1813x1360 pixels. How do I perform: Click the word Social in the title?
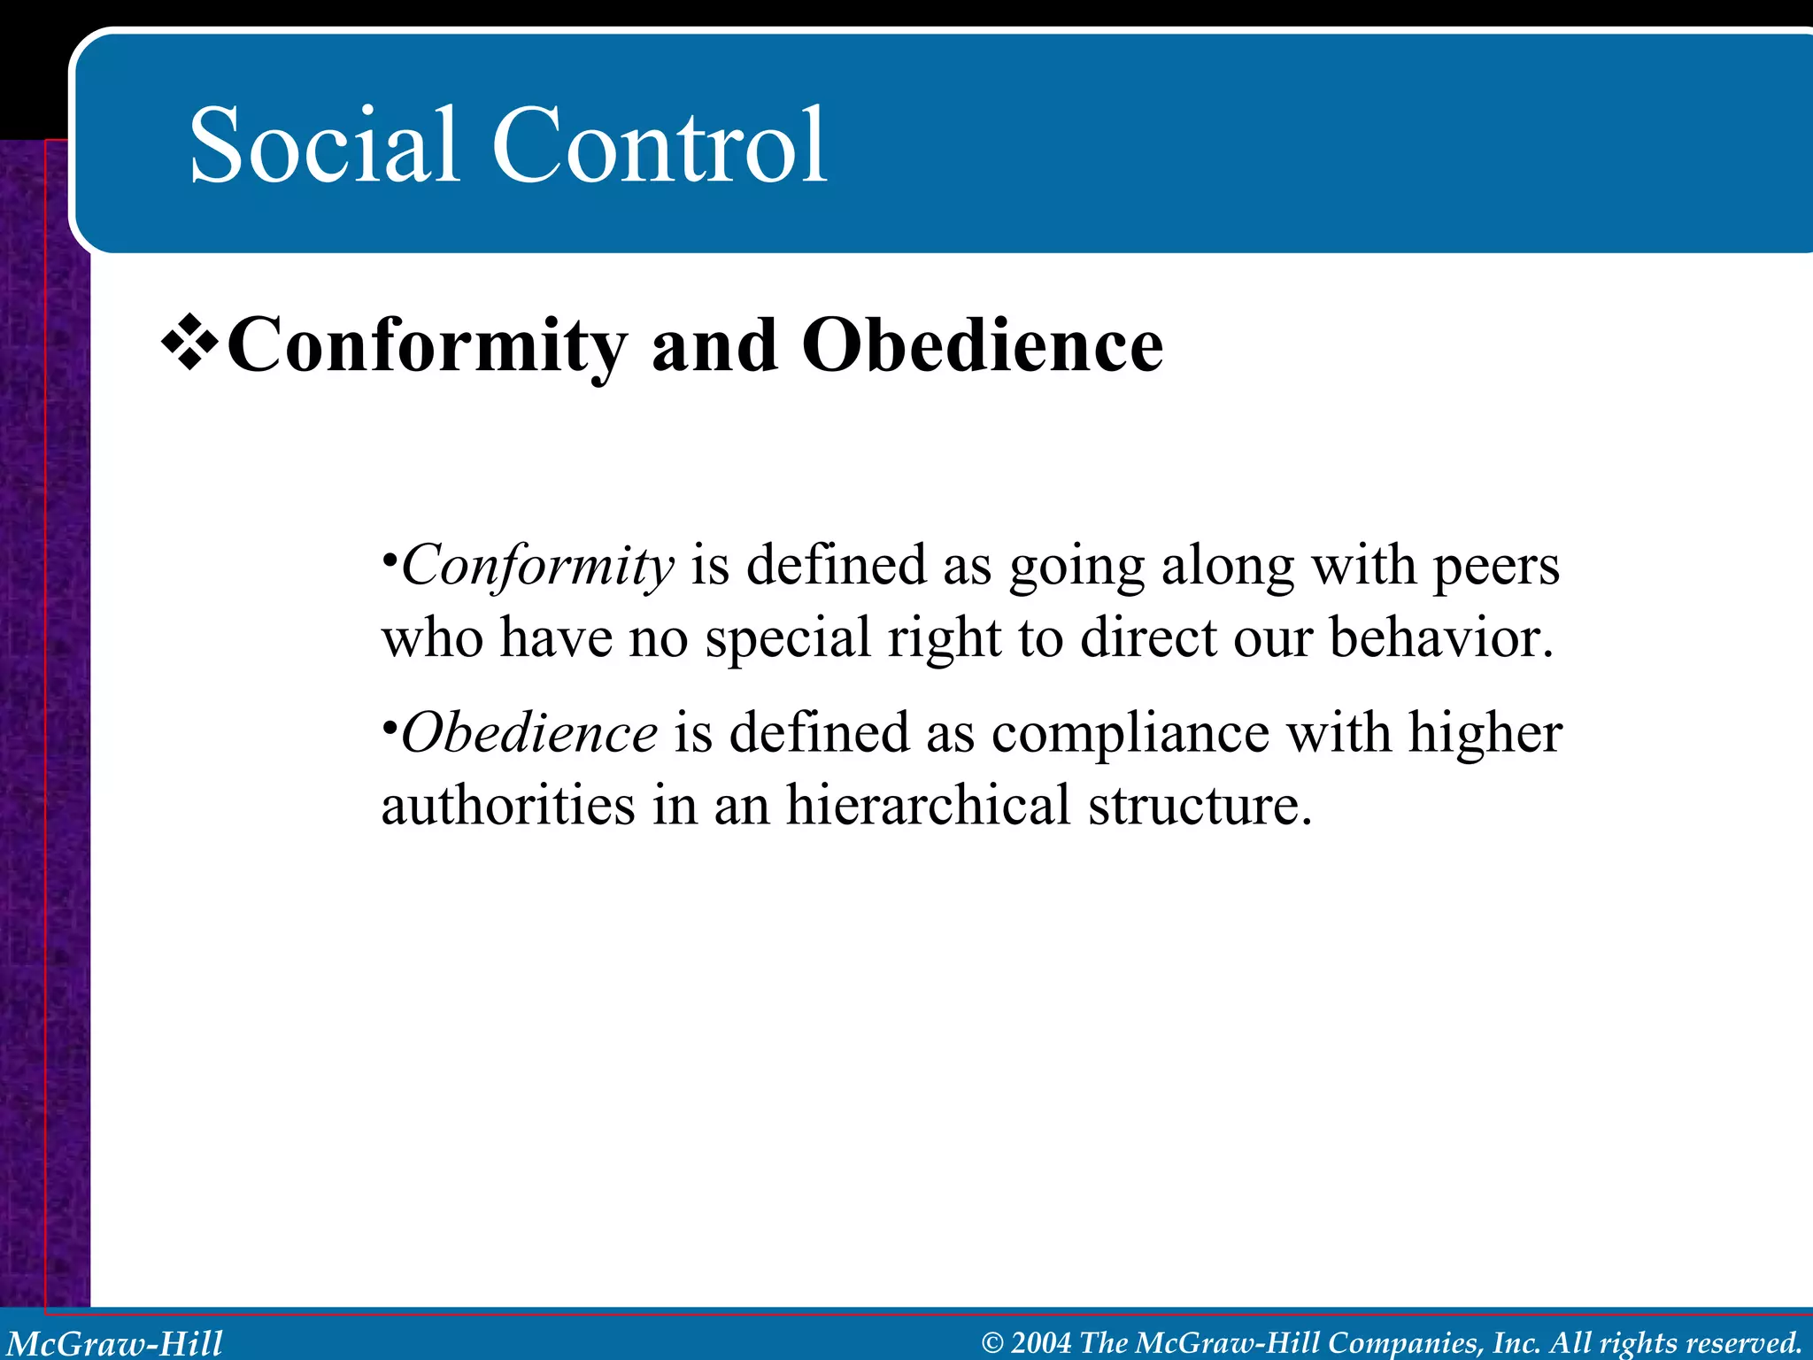[324, 145]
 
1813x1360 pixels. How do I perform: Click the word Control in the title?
[660, 145]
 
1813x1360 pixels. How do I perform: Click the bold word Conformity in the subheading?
[428, 348]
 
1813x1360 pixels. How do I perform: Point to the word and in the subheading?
[714, 346]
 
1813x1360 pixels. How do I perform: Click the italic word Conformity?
[537, 567]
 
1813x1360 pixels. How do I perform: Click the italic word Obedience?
[528, 734]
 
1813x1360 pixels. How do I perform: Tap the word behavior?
[1441, 637]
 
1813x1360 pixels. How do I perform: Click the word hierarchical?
[929, 805]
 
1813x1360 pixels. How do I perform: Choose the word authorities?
[508, 805]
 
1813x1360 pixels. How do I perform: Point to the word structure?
[1200, 805]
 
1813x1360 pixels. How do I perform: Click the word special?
[788, 639]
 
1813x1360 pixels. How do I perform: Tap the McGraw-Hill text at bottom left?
[115, 1342]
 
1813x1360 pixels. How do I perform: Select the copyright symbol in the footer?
[993, 1343]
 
